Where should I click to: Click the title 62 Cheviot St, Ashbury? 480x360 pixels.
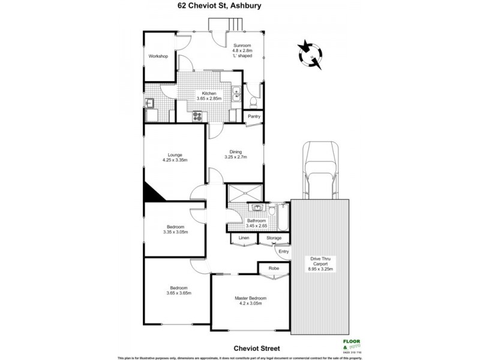[x=240, y=8]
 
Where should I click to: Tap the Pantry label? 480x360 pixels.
[x=254, y=117]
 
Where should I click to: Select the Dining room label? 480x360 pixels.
[x=235, y=152]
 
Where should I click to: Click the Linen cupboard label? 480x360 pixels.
[x=244, y=238]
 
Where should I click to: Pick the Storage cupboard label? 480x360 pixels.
[x=274, y=238]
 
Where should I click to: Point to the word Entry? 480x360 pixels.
[x=284, y=251]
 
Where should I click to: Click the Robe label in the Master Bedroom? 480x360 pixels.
[x=272, y=268]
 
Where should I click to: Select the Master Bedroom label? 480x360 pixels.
[x=251, y=298]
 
